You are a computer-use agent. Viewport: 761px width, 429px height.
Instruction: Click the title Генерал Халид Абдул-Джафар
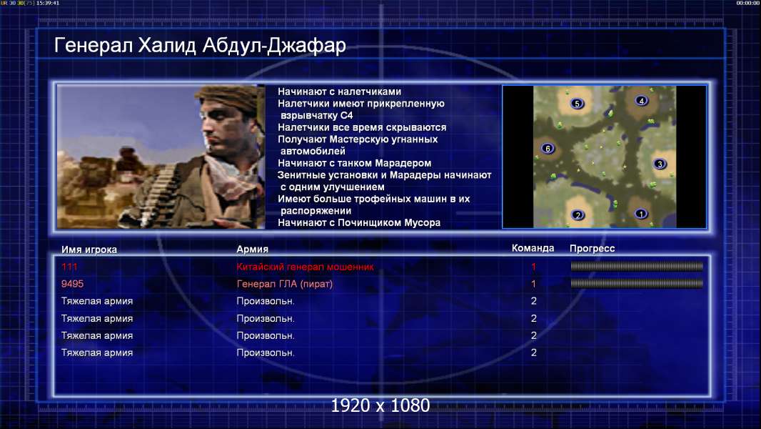coord(200,45)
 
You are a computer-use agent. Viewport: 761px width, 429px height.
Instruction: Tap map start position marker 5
coord(577,104)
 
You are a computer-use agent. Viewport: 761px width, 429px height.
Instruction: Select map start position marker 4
coord(642,101)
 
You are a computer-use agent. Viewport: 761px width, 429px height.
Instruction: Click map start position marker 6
coord(548,149)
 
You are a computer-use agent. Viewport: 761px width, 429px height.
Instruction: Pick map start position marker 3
coord(660,164)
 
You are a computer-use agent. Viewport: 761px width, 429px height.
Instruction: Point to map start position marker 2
coord(578,215)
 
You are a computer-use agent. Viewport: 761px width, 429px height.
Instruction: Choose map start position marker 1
coord(641,214)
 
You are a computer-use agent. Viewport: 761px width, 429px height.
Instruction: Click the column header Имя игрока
coord(89,250)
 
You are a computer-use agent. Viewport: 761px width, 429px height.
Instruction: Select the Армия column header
coord(253,250)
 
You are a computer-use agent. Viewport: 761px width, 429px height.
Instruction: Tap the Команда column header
coord(533,248)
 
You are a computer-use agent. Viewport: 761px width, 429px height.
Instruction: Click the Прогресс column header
coord(592,249)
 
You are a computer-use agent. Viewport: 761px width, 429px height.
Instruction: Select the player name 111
coord(69,267)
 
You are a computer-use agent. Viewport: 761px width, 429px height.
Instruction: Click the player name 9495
coord(72,284)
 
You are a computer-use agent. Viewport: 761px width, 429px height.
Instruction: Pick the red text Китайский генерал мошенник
coord(306,267)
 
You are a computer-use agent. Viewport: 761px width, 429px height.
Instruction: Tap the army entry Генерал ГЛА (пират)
coord(284,284)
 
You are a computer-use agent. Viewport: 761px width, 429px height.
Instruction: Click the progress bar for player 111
coord(637,266)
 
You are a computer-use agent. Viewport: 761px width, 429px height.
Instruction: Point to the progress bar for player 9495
coord(637,283)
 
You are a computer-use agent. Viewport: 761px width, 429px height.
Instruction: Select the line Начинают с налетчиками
coord(339,92)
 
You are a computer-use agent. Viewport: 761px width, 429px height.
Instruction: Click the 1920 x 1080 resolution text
coord(380,405)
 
